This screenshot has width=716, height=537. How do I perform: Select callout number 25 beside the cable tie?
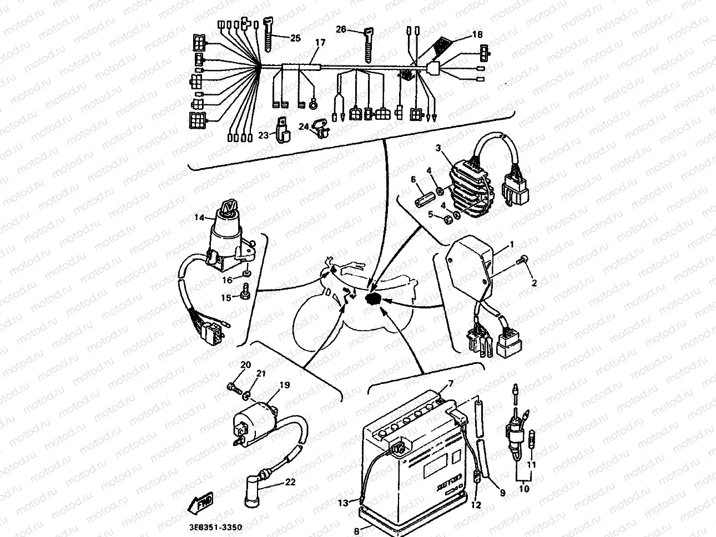coord(295,38)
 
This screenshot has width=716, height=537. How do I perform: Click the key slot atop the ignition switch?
coord(228,208)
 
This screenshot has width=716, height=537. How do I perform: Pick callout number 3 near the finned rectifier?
coord(438,148)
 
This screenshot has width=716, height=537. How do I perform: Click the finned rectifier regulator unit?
coord(472,186)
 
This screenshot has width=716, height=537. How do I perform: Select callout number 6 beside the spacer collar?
coord(413,180)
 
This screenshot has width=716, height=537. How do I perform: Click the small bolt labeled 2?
coord(523,260)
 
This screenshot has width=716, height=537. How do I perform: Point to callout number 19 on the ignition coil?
coord(284,384)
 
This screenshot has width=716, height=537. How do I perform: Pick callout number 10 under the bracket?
coord(525,489)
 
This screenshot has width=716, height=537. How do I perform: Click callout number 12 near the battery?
coord(476,505)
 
